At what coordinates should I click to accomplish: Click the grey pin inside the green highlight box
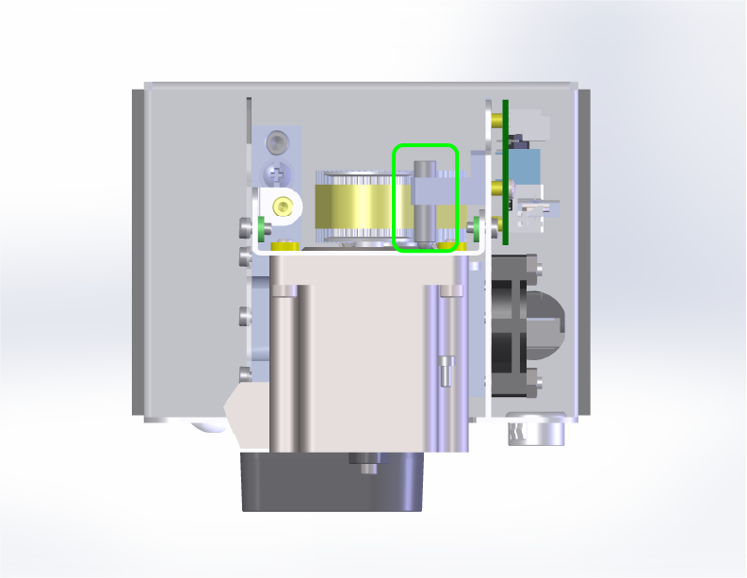point(425,202)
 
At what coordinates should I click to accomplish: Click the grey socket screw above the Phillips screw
point(276,142)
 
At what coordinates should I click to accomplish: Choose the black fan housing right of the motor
point(512,325)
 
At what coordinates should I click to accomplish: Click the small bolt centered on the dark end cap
point(364,462)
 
